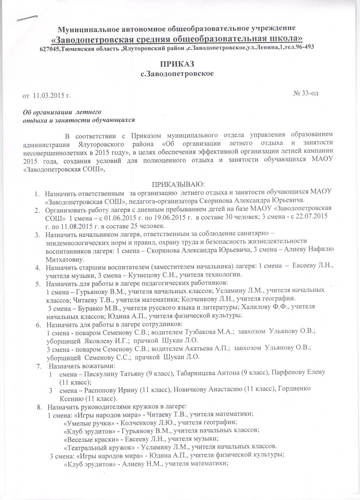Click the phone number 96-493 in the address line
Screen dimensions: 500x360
point(301,47)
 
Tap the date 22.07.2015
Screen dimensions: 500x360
point(307,217)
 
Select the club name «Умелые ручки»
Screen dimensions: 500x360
point(86,421)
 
